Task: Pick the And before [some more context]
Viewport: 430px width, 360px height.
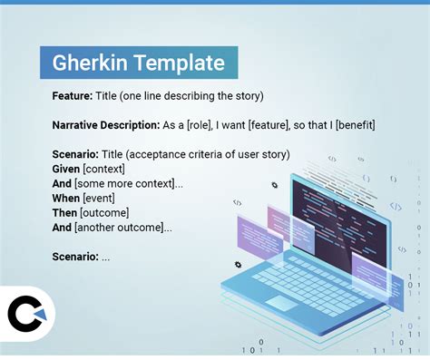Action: (x=63, y=183)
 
